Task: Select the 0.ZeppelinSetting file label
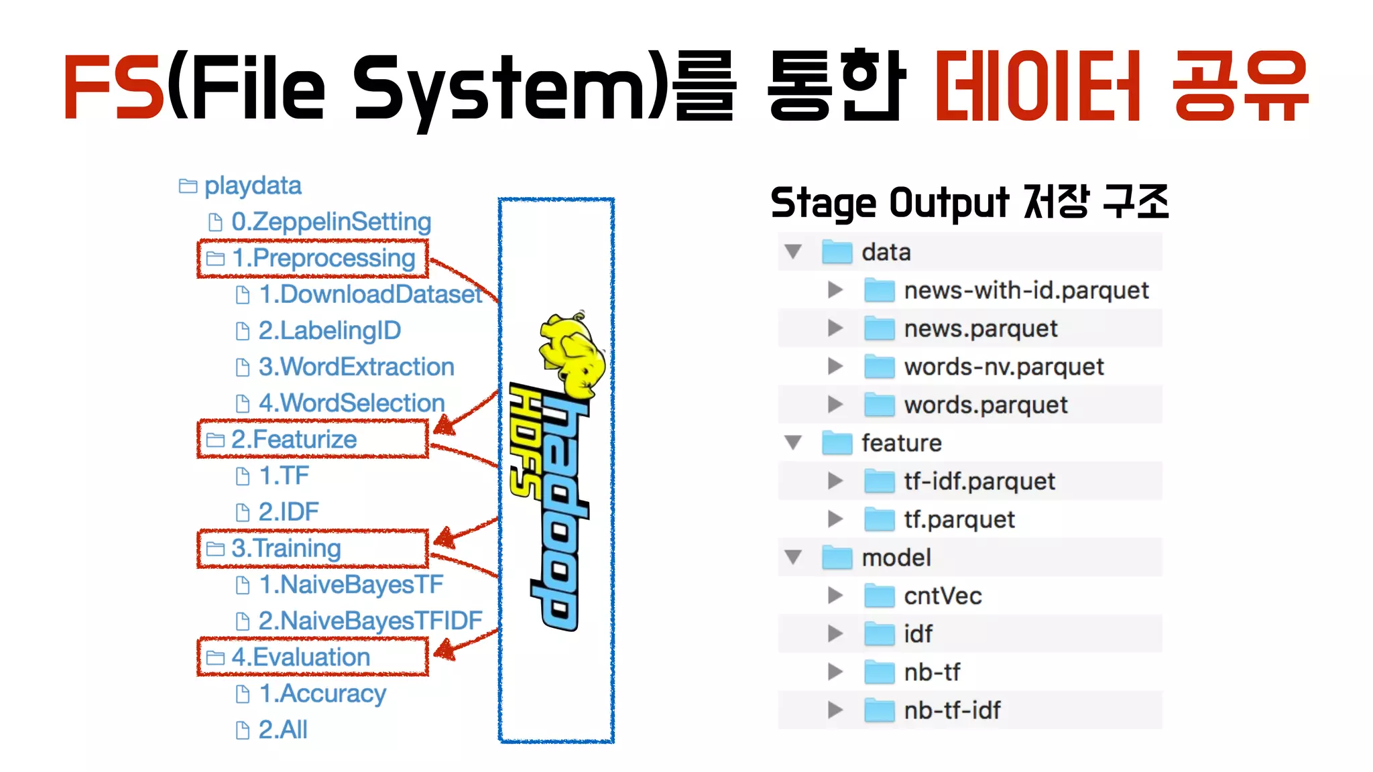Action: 331,222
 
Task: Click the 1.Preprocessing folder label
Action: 323,258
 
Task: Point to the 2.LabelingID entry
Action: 329,330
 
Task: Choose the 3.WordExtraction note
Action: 356,367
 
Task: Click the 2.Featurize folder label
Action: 294,440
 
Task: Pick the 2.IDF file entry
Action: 288,512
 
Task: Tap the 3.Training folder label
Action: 286,548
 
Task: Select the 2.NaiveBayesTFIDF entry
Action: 370,621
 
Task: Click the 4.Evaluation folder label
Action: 300,657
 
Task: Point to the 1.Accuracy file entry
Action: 322,694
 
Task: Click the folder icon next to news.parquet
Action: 879,328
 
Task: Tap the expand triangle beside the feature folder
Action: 794,442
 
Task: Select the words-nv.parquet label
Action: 1004,367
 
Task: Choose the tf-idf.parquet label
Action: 979,481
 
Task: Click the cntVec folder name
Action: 943,596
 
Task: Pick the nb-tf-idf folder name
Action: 952,710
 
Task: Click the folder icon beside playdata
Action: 188,186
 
